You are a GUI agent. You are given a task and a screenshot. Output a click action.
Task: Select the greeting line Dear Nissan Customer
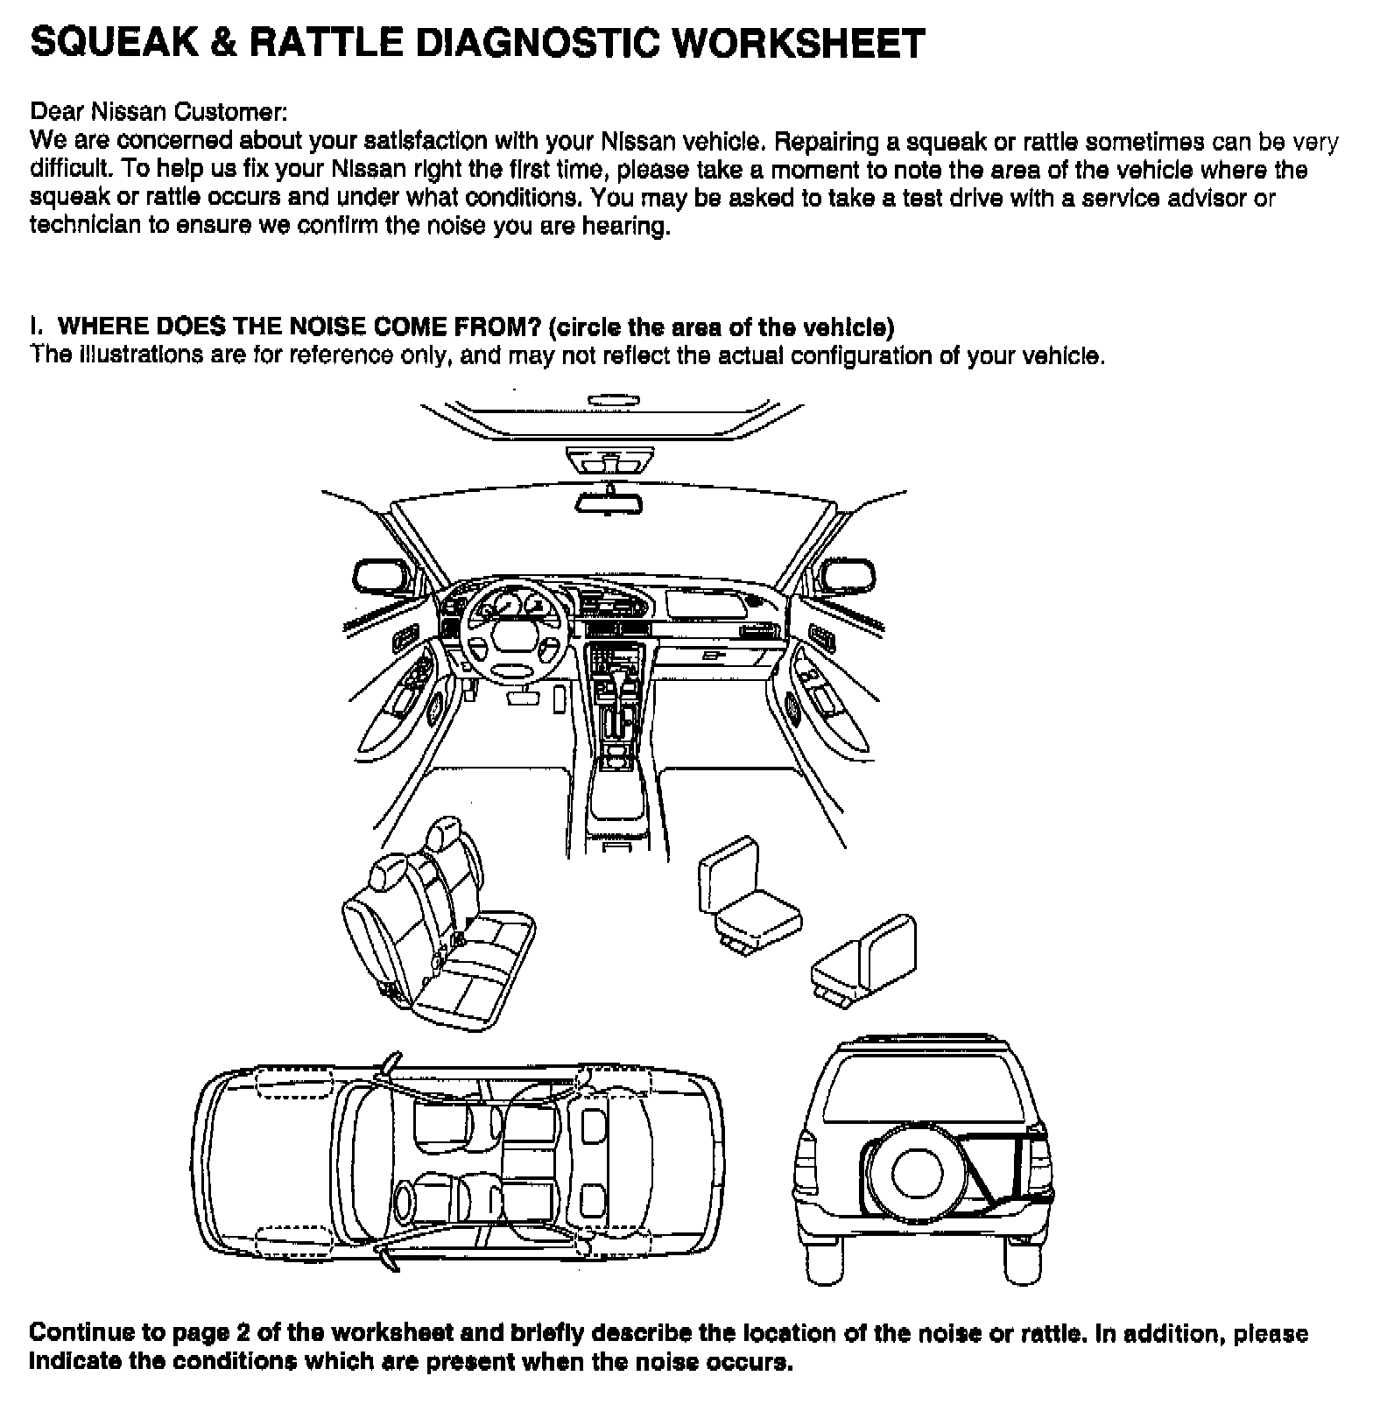coord(158,112)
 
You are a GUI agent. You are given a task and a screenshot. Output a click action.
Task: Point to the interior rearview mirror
coord(609,503)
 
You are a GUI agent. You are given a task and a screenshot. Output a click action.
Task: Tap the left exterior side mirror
coord(382,579)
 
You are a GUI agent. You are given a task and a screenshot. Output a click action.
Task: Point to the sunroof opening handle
coord(613,401)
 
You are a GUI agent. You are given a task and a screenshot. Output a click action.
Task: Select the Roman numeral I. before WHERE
coord(35,327)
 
